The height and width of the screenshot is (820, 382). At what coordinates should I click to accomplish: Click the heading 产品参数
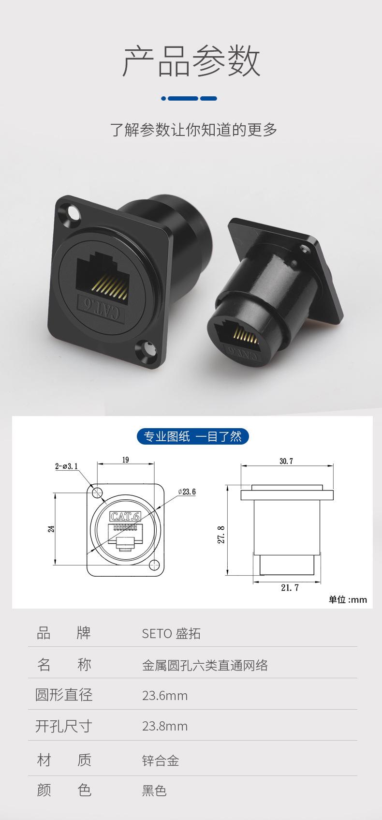coord(191,61)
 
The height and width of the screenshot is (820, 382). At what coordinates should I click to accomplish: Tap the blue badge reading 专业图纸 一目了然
coord(192,436)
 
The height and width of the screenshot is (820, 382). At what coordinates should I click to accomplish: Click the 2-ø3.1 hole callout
coord(66,466)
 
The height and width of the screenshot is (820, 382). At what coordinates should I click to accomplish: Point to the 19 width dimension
coord(126,460)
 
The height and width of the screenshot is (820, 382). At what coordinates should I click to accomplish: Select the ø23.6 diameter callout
coord(187,492)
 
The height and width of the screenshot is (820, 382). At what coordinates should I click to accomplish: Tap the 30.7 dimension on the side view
coord(286,461)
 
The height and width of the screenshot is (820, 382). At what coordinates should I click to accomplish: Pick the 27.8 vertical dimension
coord(221,535)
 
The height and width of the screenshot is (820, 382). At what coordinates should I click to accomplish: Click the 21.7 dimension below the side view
coord(290,587)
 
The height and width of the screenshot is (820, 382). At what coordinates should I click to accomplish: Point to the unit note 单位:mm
coord(348,599)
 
